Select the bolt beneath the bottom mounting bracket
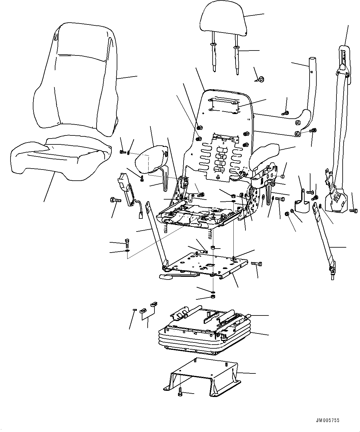(180, 393)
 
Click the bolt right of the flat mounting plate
(257, 264)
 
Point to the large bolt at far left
(114, 200)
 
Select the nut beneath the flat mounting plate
(213, 297)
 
